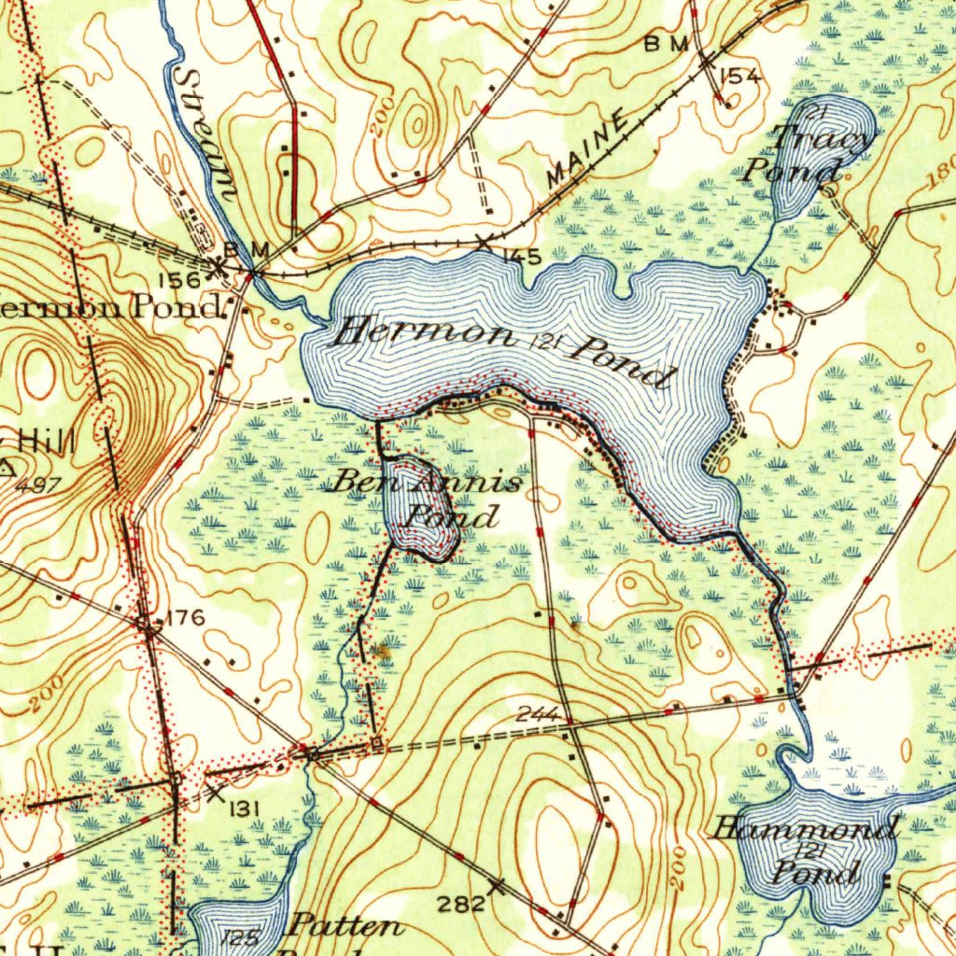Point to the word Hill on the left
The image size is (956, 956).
click(x=47, y=440)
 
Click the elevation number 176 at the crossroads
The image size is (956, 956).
click(x=185, y=618)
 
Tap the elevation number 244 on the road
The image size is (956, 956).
click(x=537, y=714)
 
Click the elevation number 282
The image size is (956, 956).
click(x=462, y=903)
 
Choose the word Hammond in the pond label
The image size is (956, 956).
click(x=805, y=827)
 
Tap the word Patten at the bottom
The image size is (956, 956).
click(x=345, y=927)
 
